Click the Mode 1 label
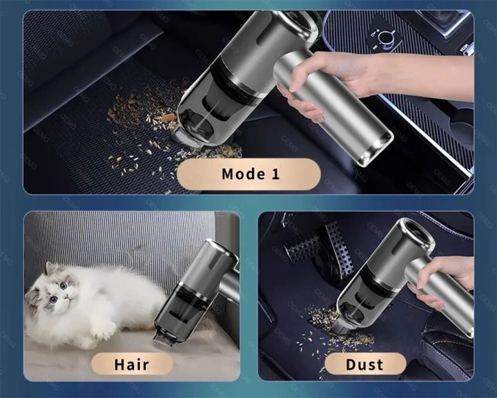251,173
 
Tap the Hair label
131,363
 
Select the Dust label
366,363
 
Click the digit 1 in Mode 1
275,173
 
